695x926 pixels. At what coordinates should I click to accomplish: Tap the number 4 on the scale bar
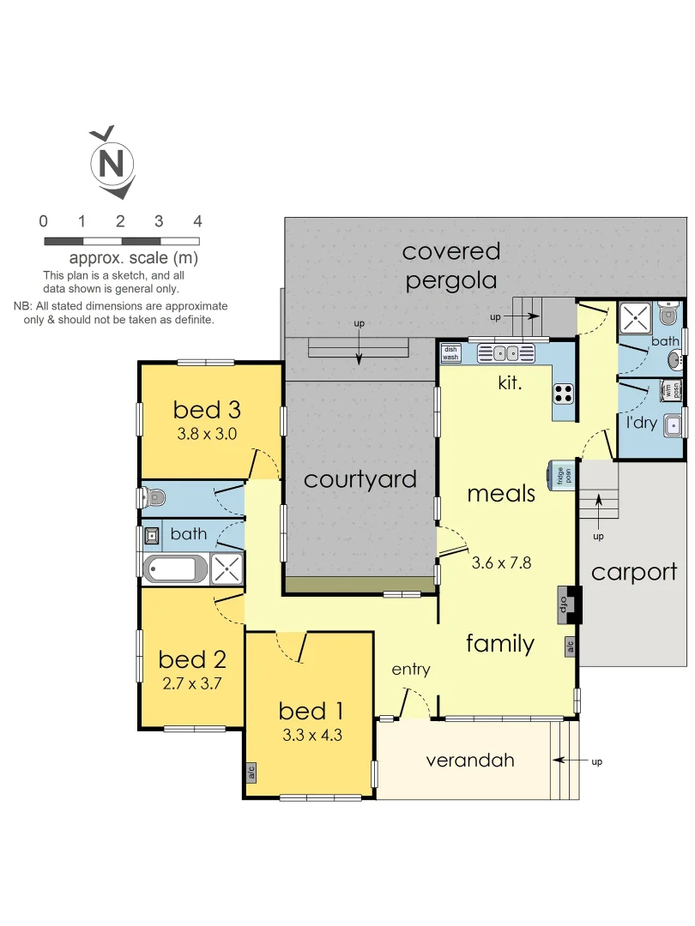click(197, 221)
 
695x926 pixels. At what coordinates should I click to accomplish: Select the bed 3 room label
click(208, 409)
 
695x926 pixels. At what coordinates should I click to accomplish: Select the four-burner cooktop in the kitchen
click(563, 393)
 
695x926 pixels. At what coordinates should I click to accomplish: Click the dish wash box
click(450, 352)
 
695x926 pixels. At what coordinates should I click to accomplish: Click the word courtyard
click(360, 479)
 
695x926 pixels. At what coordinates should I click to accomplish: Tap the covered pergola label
click(451, 266)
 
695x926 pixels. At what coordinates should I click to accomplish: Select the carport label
click(634, 572)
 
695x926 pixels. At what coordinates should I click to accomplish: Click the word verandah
click(469, 760)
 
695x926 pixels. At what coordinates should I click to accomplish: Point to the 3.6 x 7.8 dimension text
click(502, 563)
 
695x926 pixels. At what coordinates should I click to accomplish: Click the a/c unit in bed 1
click(251, 773)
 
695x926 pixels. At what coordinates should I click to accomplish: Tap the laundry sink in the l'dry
click(675, 423)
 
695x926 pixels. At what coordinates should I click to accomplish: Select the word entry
click(410, 670)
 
